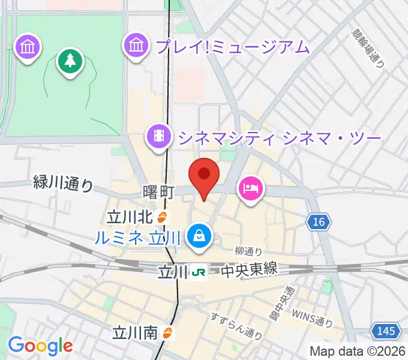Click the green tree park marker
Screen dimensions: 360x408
click(70, 60)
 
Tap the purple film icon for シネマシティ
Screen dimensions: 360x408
click(158, 136)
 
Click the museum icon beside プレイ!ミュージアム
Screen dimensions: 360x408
click(136, 45)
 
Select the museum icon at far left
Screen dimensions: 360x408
click(28, 46)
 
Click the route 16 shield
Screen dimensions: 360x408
click(319, 223)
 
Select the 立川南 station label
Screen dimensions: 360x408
click(136, 332)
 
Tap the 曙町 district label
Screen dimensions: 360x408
click(158, 191)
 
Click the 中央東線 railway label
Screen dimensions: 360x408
click(250, 270)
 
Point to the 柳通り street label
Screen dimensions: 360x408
click(248, 251)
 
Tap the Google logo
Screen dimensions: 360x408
click(40, 346)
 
